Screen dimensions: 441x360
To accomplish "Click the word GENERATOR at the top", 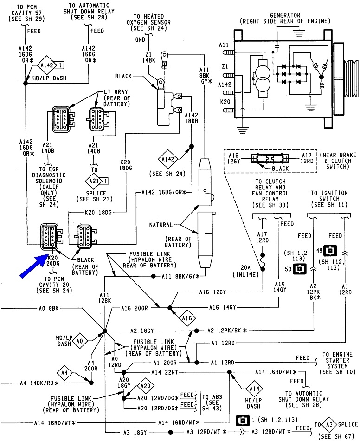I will click(284, 15).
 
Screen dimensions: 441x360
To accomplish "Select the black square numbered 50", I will click(300, 269).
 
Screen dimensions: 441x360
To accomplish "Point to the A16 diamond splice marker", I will click(186, 319).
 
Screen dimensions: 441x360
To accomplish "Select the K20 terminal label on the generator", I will click(225, 101).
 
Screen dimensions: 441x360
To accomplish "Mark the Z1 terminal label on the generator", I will click(225, 67).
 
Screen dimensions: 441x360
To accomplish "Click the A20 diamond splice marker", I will click(145, 386).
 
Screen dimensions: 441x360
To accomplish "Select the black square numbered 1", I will click(241, 420).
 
